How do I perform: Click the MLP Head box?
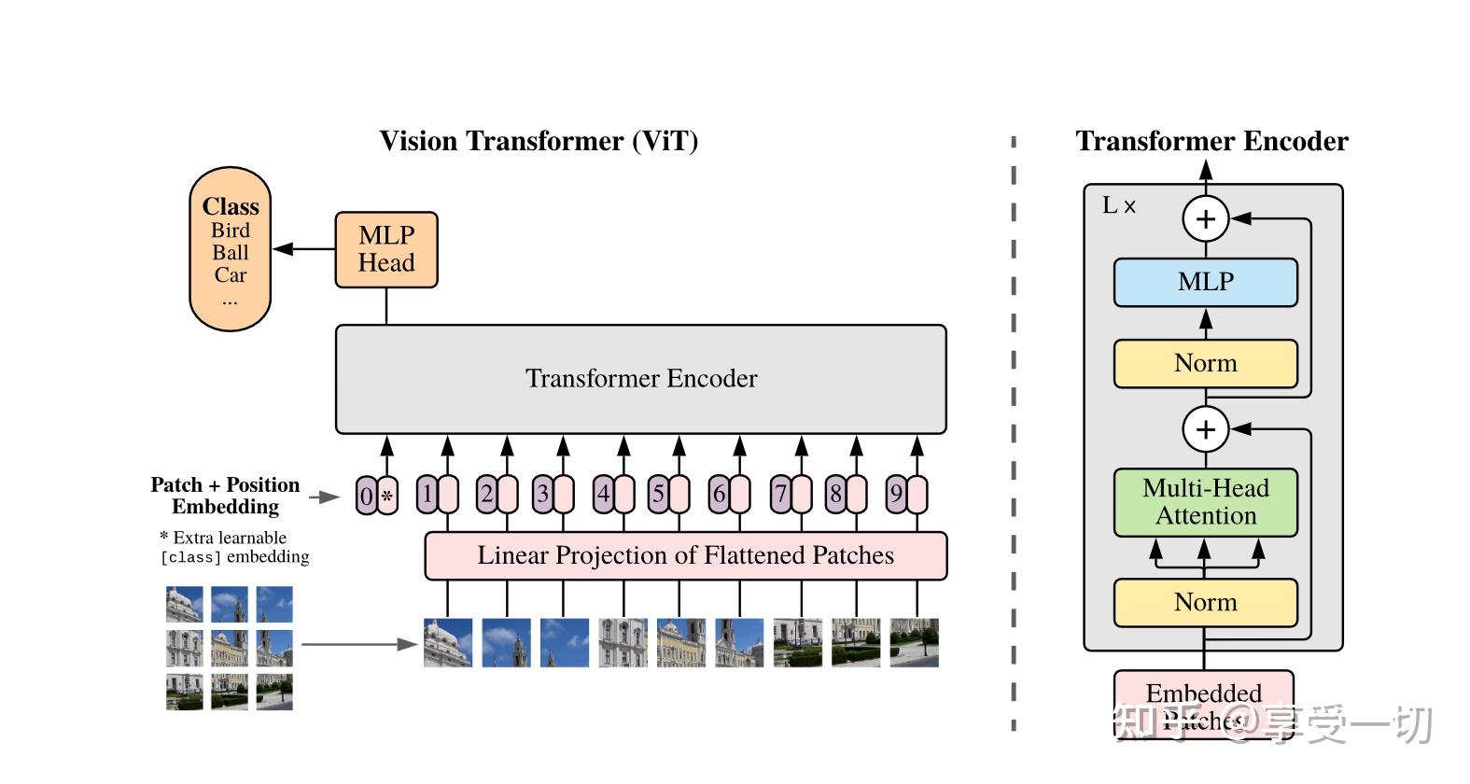tap(386, 249)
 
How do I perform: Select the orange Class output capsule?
tap(230, 249)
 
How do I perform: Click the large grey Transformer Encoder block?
tap(640, 379)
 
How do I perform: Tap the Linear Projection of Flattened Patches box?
tap(685, 556)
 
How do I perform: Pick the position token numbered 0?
tap(367, 496)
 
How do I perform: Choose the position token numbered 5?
tap(659, 494)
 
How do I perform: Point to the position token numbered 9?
tap(896, 494)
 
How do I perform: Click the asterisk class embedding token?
tap(387, 497)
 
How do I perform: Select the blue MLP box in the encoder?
tap(1205, 282)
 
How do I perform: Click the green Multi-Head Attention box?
tap(1205, 502)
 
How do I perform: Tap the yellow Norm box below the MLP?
tap(1205, 363)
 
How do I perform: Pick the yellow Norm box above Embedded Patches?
tap(1205, 602)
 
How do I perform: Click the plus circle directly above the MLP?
tap(1205, 218)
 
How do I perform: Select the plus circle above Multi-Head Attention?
tap(1205, 429)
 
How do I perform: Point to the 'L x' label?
tap(1118, 206)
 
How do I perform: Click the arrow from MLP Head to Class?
tap(303, 249)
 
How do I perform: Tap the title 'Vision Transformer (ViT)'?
tap(539, 141)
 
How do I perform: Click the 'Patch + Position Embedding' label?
tap(225, 496)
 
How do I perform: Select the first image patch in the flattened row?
tap(447, 642)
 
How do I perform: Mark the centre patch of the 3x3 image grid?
tap(230, 648)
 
